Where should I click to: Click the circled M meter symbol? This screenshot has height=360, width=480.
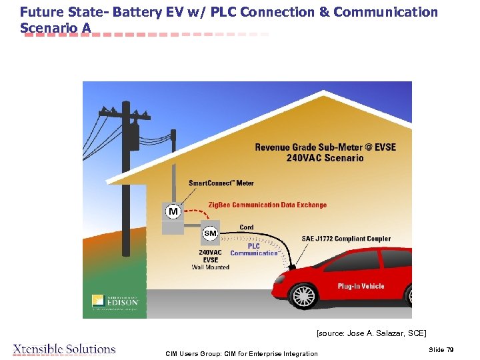(x=173, y=211)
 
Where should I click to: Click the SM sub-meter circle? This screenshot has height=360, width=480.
(x=210, y=233)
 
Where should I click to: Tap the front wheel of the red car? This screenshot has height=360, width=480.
(x=304, y=295)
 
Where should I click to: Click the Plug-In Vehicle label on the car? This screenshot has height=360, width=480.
(x=361, y=286)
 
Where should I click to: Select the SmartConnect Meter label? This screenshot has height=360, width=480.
(x=221, y=183)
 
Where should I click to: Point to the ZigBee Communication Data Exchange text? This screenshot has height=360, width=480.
(x=267, y=205)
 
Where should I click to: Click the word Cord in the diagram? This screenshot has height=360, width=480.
(x=246, y=227)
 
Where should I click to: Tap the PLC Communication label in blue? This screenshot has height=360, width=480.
(x=253, y=249)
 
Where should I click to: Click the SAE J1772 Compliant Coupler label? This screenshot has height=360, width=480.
(x=346, y=239)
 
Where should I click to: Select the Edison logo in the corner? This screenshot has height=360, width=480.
(x=115, y=301)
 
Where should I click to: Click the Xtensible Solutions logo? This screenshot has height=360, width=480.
(x=64, y=349)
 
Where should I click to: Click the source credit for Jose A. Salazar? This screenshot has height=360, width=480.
(x=371, y=333)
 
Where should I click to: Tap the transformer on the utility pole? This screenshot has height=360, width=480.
(x=133, y=137)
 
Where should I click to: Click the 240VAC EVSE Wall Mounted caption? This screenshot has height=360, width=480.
(x=210, y=260)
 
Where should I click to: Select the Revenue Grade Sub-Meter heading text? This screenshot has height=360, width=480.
(x=325, y=152)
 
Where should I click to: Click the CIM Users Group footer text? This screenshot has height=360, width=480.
(x=241, y=353)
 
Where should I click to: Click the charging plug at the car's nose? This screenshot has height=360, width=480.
(x=292, y=267)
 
